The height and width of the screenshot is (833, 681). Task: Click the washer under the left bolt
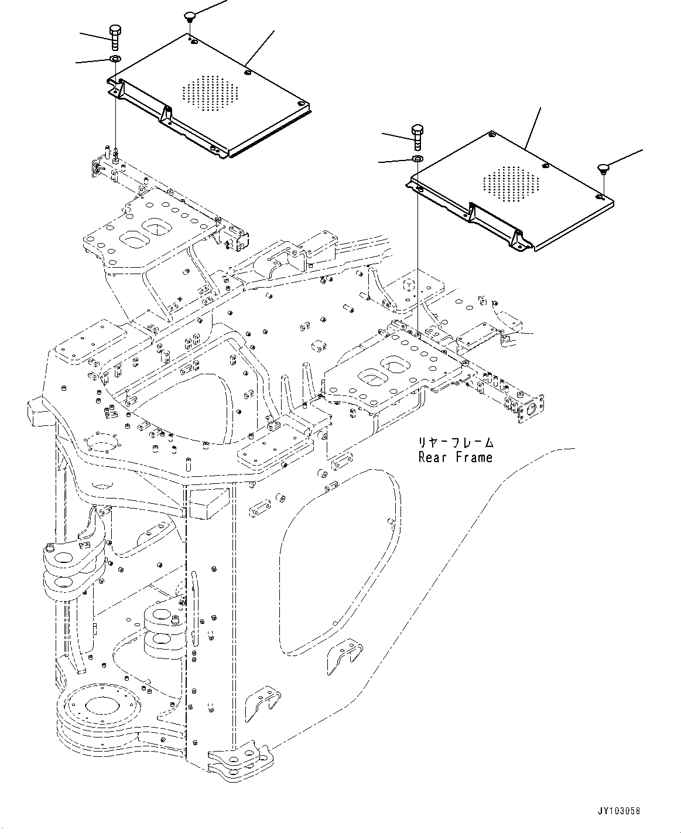[115, 59]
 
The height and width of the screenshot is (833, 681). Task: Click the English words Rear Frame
[456, 458]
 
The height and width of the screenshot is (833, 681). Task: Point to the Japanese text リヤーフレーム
[456, 442]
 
